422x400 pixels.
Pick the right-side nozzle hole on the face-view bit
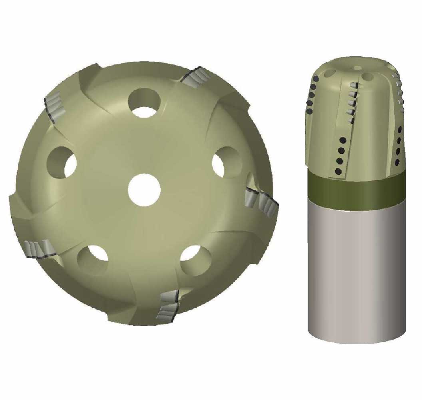point(226,162)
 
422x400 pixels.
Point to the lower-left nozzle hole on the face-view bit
point(93,258)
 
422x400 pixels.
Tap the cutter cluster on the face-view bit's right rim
point(262,200)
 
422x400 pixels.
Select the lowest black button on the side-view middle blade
point(338,172)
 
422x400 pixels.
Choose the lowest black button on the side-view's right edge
point(398,163)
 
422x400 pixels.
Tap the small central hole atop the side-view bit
point(357,68)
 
